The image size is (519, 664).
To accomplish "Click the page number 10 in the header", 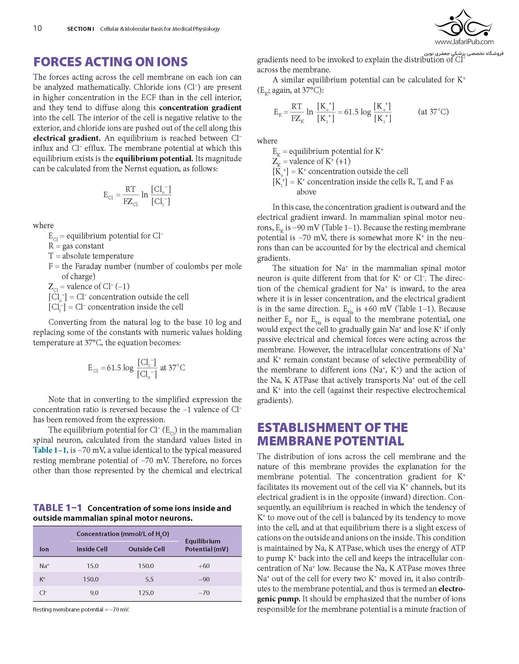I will point(38,28).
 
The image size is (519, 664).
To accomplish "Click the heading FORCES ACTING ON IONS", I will point(110,62).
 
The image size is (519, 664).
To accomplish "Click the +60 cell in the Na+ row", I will point(204,566).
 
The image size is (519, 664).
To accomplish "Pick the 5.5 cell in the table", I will point(149,579).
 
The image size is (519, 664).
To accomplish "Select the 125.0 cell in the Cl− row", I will point(146,593).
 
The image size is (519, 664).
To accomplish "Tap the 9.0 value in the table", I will point(94,593).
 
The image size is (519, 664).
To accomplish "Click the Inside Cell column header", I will point(92,549).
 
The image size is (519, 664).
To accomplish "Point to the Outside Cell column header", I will point(147,549).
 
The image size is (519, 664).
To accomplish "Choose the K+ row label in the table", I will point(42,579).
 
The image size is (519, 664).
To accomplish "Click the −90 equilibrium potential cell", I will point(204,579).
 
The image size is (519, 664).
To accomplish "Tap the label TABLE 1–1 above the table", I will point(57,508).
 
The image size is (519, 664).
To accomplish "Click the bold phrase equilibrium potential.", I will point(154,159).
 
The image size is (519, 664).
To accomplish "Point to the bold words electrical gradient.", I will point(66,138).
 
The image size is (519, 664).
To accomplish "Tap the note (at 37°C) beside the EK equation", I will point(433,112).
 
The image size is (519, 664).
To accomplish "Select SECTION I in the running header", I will point(80,29).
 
